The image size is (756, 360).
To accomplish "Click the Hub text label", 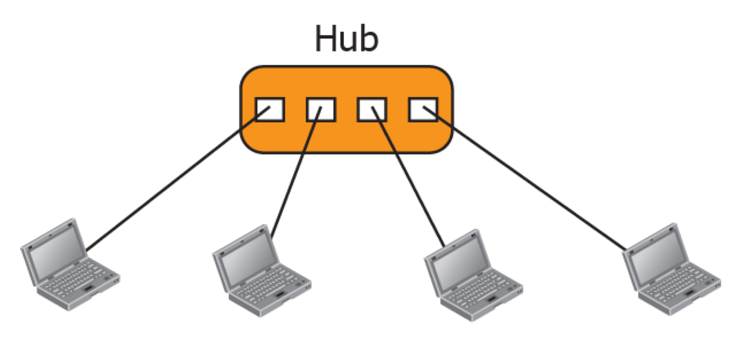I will (x=346, y=39).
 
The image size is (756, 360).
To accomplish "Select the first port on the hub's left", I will (x=270, y=110).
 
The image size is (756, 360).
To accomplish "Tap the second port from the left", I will (x=321, y=110).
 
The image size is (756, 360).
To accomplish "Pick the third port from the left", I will (x=372, y=110).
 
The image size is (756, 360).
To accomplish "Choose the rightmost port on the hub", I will (x=423, y=110).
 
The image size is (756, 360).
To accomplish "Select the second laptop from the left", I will (x=261, y=272).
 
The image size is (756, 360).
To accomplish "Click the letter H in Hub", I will (x=326, y=39).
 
